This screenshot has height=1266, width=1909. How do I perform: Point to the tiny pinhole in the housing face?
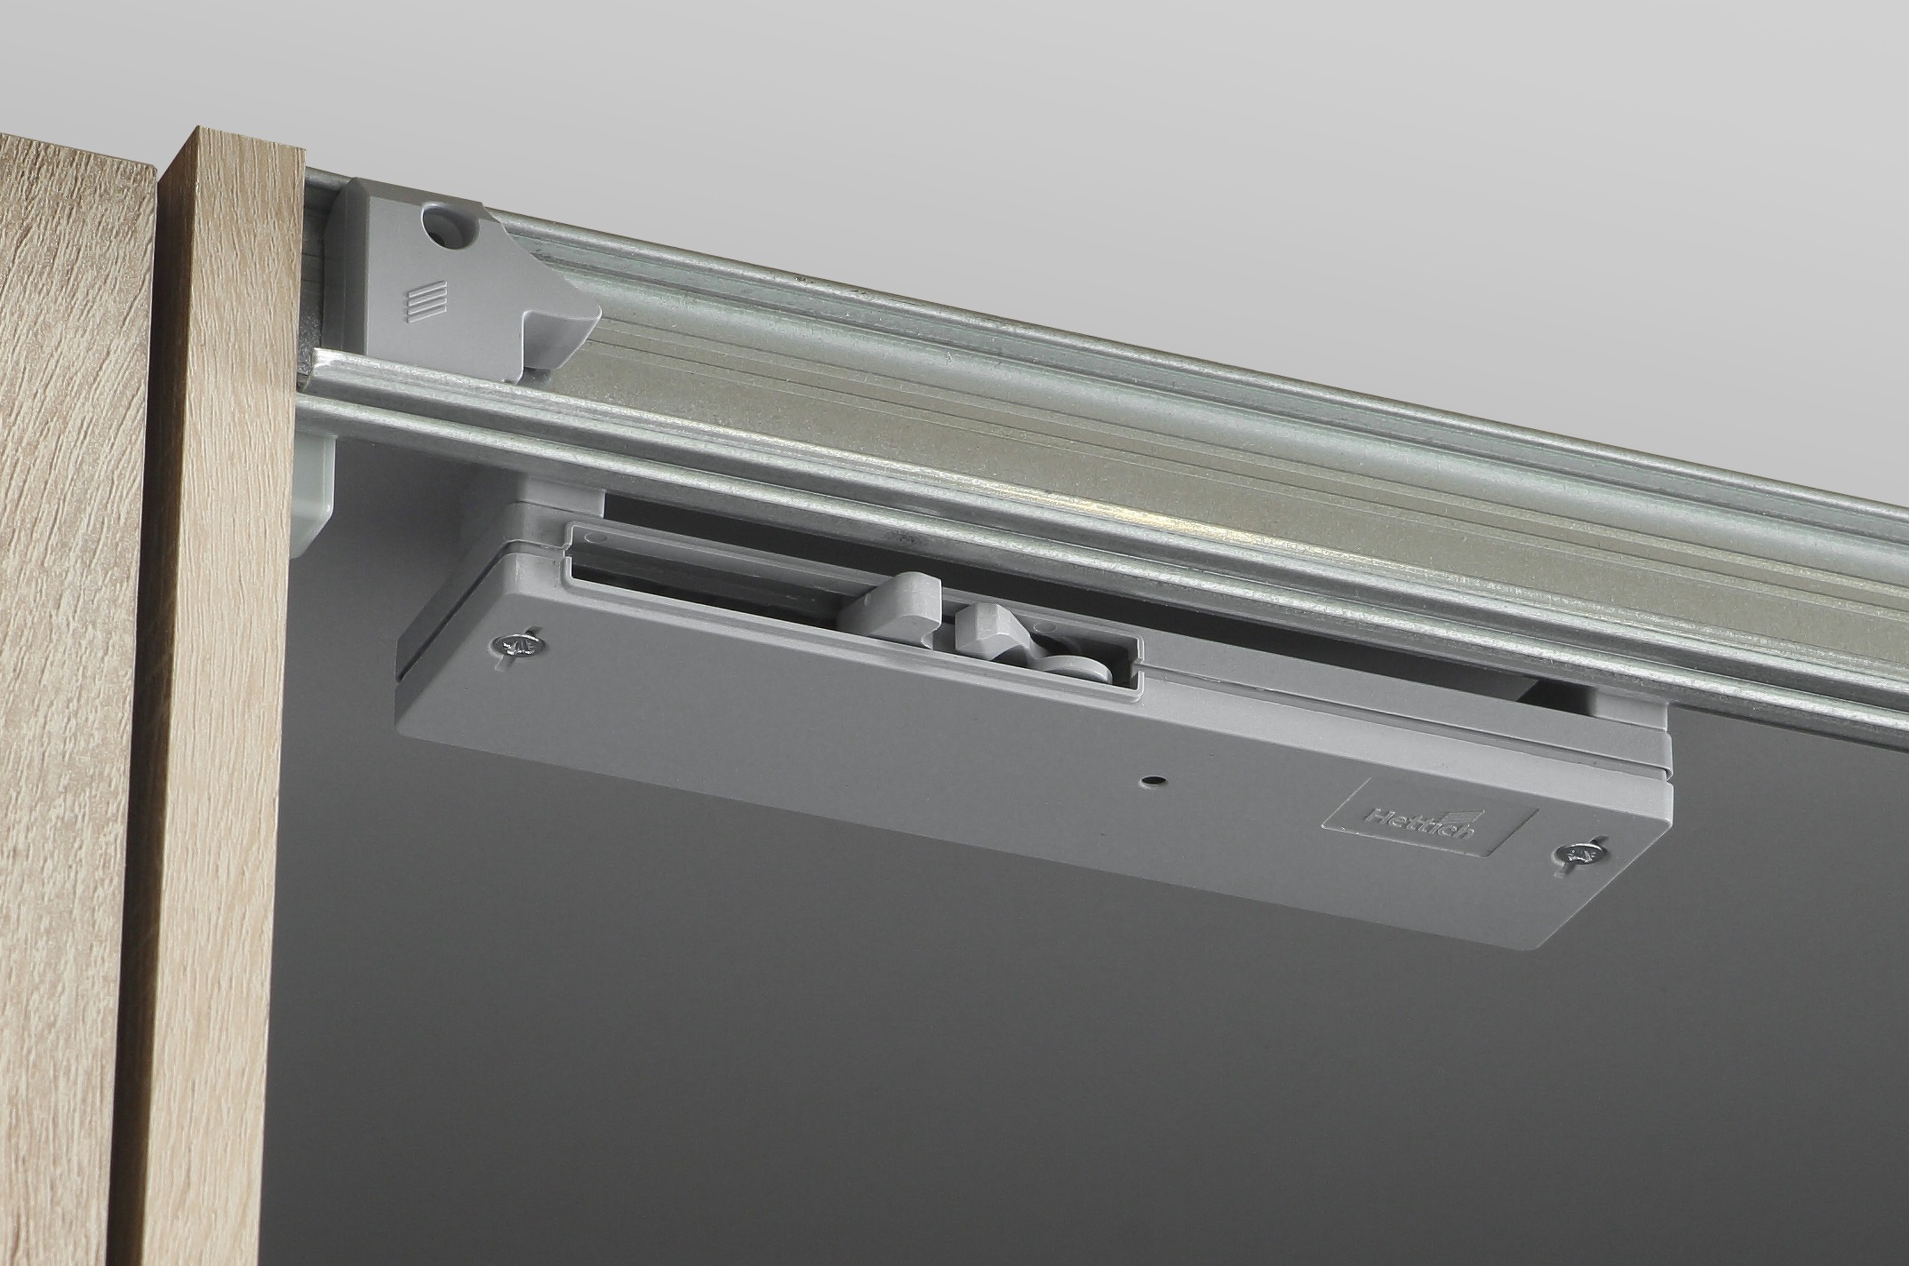click(x=1153, y=782)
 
